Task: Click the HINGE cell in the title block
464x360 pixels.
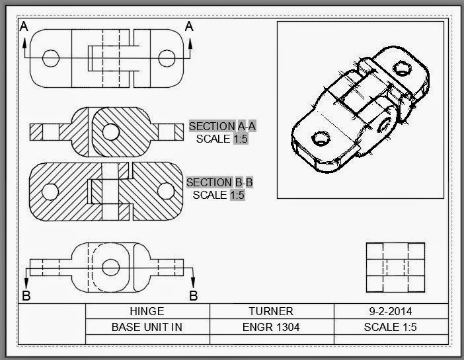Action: [147, 311]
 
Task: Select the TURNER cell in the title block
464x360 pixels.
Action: [271, 311]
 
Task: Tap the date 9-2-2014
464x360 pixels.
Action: [390, 311]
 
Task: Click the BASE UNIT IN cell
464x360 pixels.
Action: [147, 327]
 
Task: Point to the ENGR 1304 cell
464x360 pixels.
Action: [271, 327]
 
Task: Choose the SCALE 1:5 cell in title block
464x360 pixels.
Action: [390, 327]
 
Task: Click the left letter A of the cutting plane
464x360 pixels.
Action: [24, 26]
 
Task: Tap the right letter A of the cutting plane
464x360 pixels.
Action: [190, 26]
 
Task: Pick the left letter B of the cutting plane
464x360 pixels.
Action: [26, 295]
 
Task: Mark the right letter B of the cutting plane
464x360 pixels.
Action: [193, 295]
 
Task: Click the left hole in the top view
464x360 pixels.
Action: [50, 58]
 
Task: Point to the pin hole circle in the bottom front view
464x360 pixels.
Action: [111, 266]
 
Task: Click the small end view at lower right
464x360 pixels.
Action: [395, 268]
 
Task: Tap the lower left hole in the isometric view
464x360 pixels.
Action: [321, 139]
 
